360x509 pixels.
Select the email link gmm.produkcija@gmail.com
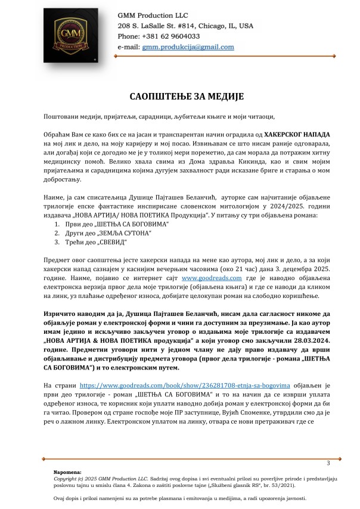tap(188, 46)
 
